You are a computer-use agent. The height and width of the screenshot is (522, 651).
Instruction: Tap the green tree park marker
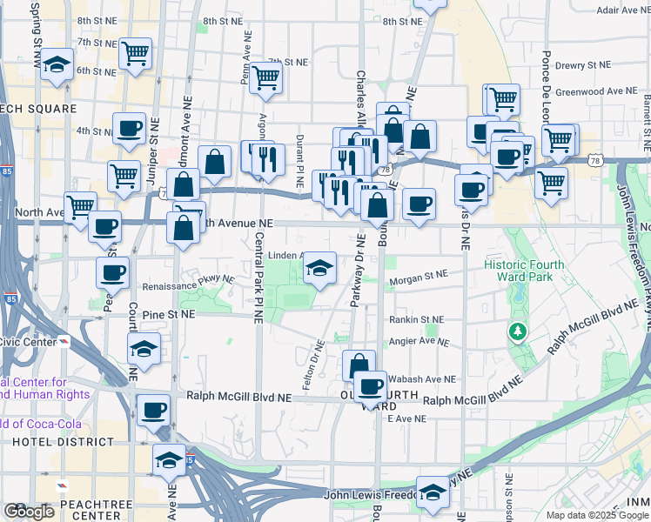[518, 331]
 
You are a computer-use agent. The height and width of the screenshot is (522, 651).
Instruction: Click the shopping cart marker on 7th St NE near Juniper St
[135, 55]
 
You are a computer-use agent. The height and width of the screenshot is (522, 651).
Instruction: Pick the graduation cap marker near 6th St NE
[57, 65]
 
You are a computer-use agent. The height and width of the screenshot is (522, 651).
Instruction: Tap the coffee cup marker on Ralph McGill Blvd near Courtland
[154, 409]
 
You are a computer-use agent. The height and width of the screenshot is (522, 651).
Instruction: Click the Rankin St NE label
[416, 319]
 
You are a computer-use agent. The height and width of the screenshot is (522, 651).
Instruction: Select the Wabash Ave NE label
[422, 379]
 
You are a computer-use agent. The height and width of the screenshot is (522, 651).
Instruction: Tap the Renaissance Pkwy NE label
[191, 282]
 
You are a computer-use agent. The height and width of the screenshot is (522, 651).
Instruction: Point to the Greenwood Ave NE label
[598, 90]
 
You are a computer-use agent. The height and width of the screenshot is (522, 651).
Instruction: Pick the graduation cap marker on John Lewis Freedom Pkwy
[432, 493]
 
